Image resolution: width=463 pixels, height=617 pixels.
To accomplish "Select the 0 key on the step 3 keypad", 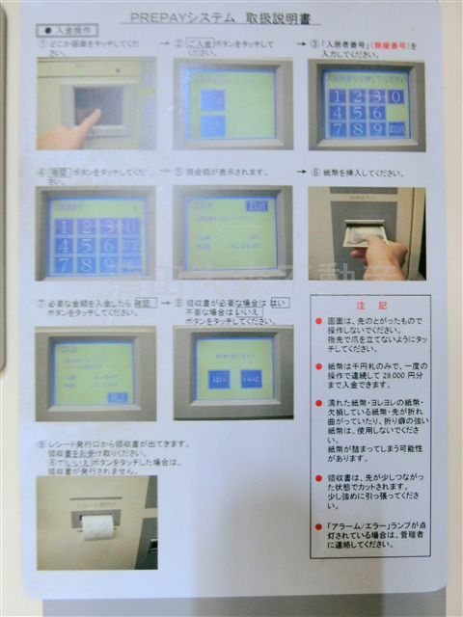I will [x=393, y=98].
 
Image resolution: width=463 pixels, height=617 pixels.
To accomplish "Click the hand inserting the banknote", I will [x=382, y=255].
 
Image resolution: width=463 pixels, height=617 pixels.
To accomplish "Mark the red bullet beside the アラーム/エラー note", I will [x=317, y=526].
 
